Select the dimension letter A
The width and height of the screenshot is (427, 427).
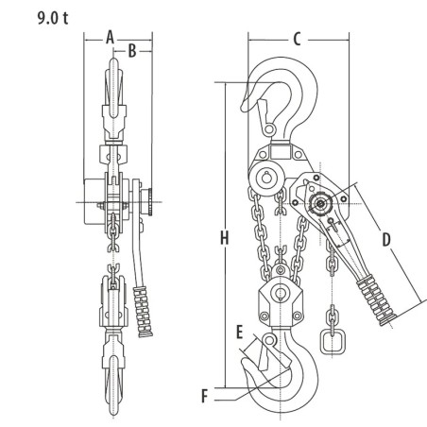point(110,36)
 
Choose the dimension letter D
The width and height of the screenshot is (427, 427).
point(385,240)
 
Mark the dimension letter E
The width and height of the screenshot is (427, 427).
point(242,332)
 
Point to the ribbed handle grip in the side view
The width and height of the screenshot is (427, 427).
point(375,292)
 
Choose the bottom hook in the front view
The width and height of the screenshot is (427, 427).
point(111,378)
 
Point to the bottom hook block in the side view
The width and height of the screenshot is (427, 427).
point(280,301)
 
